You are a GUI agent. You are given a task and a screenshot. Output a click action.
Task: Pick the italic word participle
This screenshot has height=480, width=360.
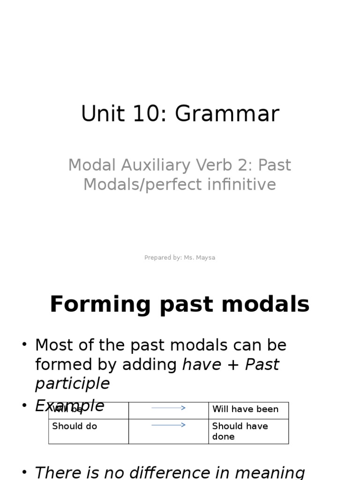[72, 383]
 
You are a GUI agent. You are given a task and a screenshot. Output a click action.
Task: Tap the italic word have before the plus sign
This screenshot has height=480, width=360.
[202, 364]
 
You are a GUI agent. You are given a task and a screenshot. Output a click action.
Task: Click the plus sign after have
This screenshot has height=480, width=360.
[233, 365]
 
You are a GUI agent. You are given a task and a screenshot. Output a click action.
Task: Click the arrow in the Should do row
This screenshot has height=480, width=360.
[168, 425]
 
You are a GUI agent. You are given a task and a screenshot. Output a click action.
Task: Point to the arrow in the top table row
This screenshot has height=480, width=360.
[168, 408]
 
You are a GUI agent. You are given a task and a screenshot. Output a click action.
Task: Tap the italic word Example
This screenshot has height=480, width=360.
[69, 405]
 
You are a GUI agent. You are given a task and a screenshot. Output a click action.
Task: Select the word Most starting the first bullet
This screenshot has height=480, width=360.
[53, 345]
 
